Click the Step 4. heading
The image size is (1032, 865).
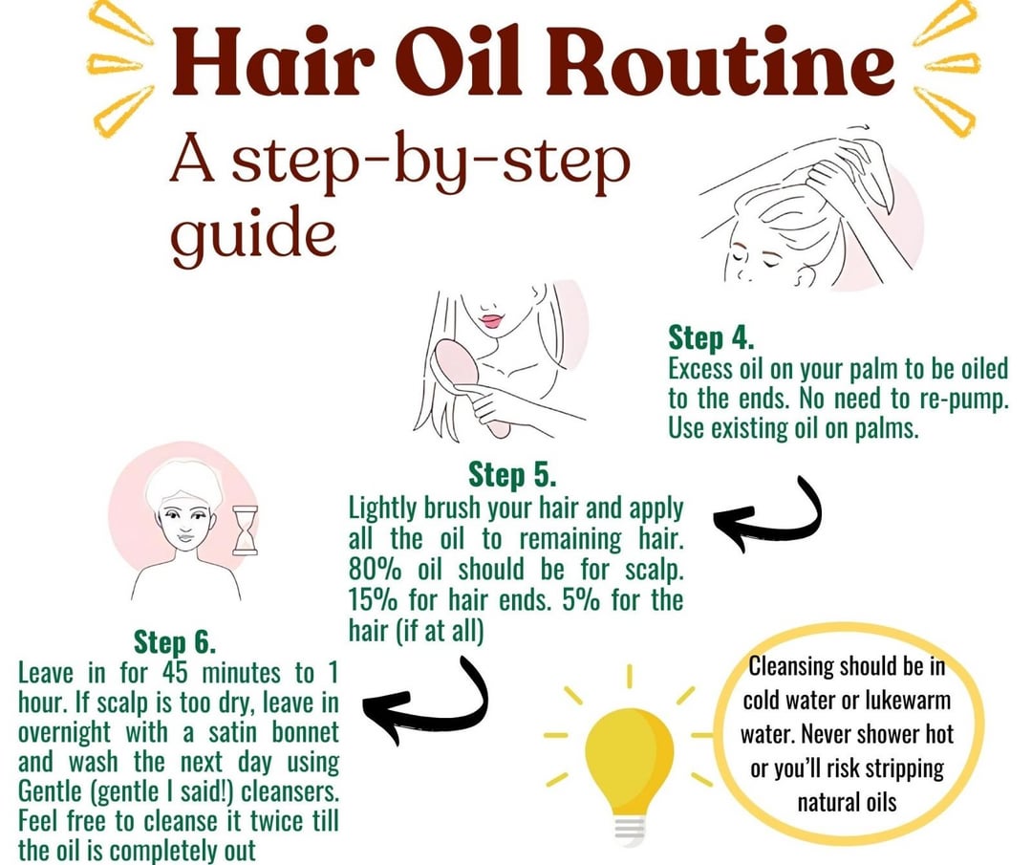click(x=711, y=338)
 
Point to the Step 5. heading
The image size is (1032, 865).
click(x=512, y=474)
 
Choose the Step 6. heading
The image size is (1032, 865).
click(x=175, y=641)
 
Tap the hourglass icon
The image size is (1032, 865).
click(x=245, y=530)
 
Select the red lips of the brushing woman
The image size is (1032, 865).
click(x=492, y=320)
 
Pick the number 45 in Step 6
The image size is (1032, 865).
click(x=174, y=674)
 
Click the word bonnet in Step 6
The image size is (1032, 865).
click(x=306, y=733)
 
